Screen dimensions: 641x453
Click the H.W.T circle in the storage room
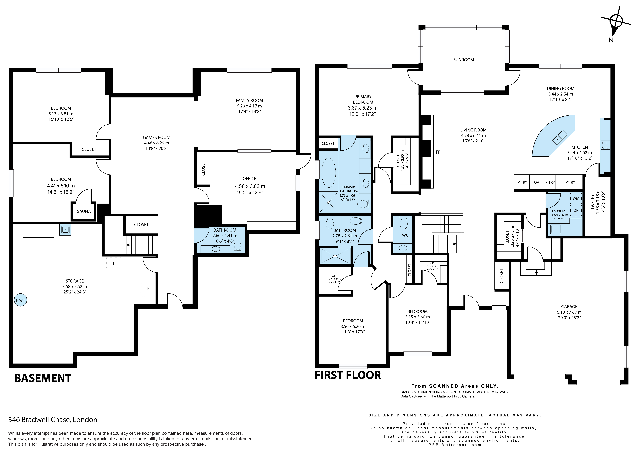20,300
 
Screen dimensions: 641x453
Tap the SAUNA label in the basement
84,211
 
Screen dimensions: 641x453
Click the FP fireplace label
438,152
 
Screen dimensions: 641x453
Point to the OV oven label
536,182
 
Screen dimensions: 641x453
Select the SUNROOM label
463,60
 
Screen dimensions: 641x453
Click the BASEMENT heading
43,378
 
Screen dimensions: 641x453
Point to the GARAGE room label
569,306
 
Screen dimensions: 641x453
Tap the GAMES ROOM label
156,137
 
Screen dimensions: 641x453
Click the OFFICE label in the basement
249,179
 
